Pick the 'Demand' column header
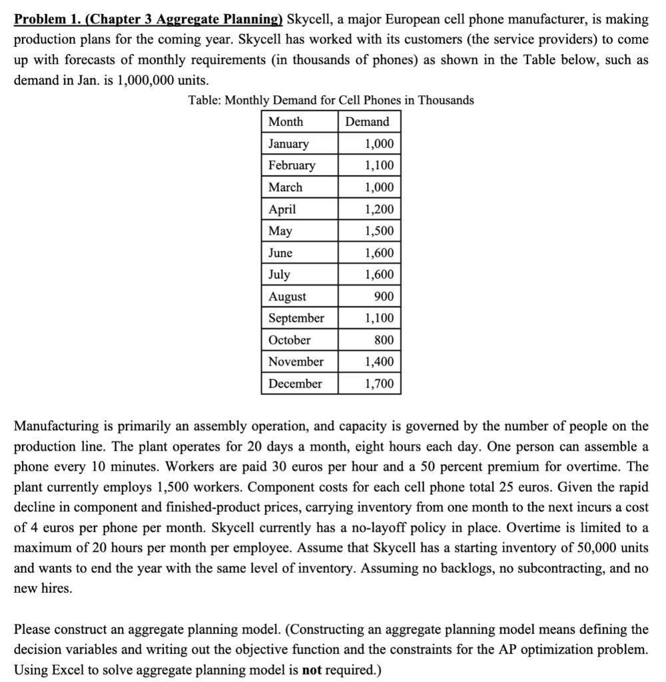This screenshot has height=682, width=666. click(x=367, y=122)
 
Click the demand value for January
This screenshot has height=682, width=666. click(x=379, y=144)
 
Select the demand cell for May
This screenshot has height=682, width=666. click(x=379, y=231)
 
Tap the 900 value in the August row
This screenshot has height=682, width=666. click(x=384, y=296)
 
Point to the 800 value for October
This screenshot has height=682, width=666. click(x=384, y=340)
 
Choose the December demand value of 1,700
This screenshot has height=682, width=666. click(x=379, y=384)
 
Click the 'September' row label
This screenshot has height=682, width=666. click(x=296, y=318)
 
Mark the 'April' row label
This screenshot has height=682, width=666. click(x=282, y=209)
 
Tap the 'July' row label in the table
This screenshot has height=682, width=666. click(x=279, y=274)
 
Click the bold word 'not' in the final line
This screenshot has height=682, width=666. click(x=313, y=669)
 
